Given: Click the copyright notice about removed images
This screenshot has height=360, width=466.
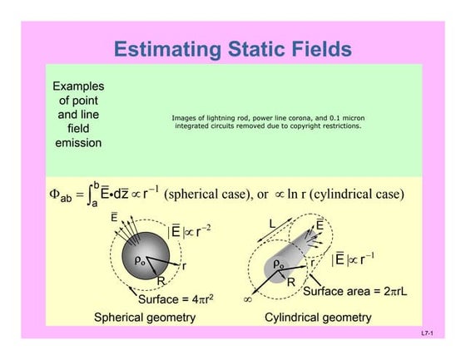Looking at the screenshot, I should click(x=267, y=122).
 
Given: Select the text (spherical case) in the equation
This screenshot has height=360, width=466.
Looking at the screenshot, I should click(x=207, y=195).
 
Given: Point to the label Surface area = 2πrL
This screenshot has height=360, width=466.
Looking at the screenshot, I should click(x=356, y=292).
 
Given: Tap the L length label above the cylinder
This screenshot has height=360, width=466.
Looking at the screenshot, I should click(x=272, y=224).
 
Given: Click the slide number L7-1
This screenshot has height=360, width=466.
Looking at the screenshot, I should click(x=429, y=333).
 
